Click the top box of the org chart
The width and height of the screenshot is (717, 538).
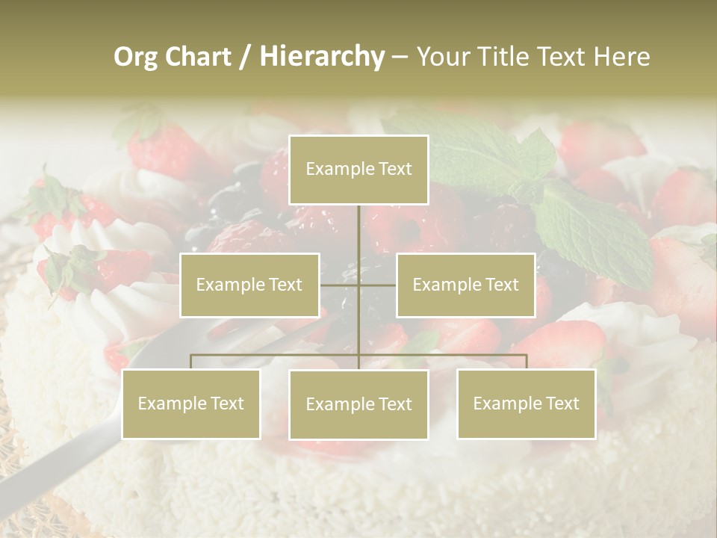tap(358, 170)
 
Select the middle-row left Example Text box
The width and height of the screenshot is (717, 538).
tap(249, 285)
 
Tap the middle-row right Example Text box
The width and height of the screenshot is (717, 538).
tap(465, 285)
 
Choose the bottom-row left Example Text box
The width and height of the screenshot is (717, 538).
tap(191, 403)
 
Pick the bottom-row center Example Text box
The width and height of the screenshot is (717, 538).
tap(358, 404)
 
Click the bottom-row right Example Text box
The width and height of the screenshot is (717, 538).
tap(526, 403)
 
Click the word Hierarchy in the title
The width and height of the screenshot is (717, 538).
tap(322, 57)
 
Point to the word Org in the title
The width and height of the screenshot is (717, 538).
tap(135, 57)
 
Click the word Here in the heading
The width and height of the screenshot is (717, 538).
tap(622, 57)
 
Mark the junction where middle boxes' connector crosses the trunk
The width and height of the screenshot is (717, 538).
tap(358, 285)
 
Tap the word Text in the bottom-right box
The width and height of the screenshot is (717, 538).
tap(561, 403)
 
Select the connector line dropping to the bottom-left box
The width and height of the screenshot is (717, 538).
tap(191, 362)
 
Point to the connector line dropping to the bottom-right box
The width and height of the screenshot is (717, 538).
tap(527, 362)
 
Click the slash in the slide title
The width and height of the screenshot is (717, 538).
tap(245, 57)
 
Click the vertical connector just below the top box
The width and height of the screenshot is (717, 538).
tap(358, 224)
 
